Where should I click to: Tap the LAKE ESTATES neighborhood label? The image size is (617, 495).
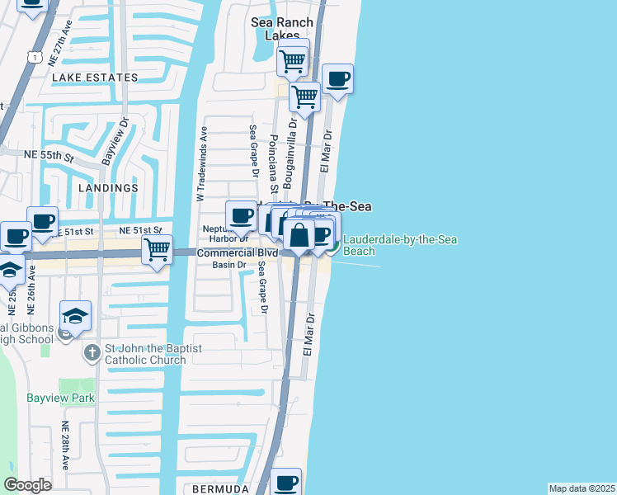(95, 78)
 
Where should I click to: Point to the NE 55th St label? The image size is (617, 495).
(49, 155)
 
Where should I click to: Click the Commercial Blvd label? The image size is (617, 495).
(230, 252)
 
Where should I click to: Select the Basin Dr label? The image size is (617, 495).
(229, 265)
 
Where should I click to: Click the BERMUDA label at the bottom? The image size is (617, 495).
(220, 489)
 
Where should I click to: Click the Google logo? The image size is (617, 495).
(27, 485)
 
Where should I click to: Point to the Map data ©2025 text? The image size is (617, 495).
(582, 488)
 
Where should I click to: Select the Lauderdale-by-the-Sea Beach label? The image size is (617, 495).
(399, 245)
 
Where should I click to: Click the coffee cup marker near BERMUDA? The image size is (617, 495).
(286, 482)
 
